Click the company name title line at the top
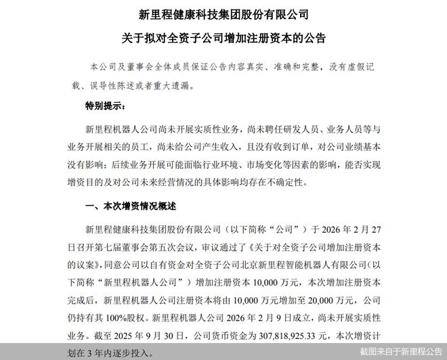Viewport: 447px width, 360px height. coord(223,13)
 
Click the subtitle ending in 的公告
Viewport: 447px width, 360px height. coord(223,39)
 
